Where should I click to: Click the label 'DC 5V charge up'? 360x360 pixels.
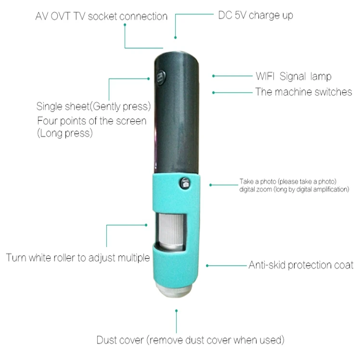click(256, 15)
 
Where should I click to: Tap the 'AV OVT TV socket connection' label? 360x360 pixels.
click(102, 16)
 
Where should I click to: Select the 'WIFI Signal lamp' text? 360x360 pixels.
click(293, 77)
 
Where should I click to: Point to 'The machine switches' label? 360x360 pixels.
click(304, 92)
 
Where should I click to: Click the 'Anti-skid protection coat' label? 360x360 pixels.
click(301, 265)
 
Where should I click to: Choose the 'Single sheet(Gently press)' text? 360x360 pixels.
click(94, 105)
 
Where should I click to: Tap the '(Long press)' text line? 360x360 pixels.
click(64, 133)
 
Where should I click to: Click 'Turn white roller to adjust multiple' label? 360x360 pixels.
click(78, 257)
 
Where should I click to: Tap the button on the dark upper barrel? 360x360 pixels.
click(160, 77)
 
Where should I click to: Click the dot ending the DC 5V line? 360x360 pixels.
click(175, 37)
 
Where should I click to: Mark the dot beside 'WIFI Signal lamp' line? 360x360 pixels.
click(213, 76)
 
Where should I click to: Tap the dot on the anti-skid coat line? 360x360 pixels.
click(207, 265)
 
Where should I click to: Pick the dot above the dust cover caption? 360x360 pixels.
click(177, 311)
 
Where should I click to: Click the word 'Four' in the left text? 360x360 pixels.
click(47, 120)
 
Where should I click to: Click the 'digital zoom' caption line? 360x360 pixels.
click(294, 190)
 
